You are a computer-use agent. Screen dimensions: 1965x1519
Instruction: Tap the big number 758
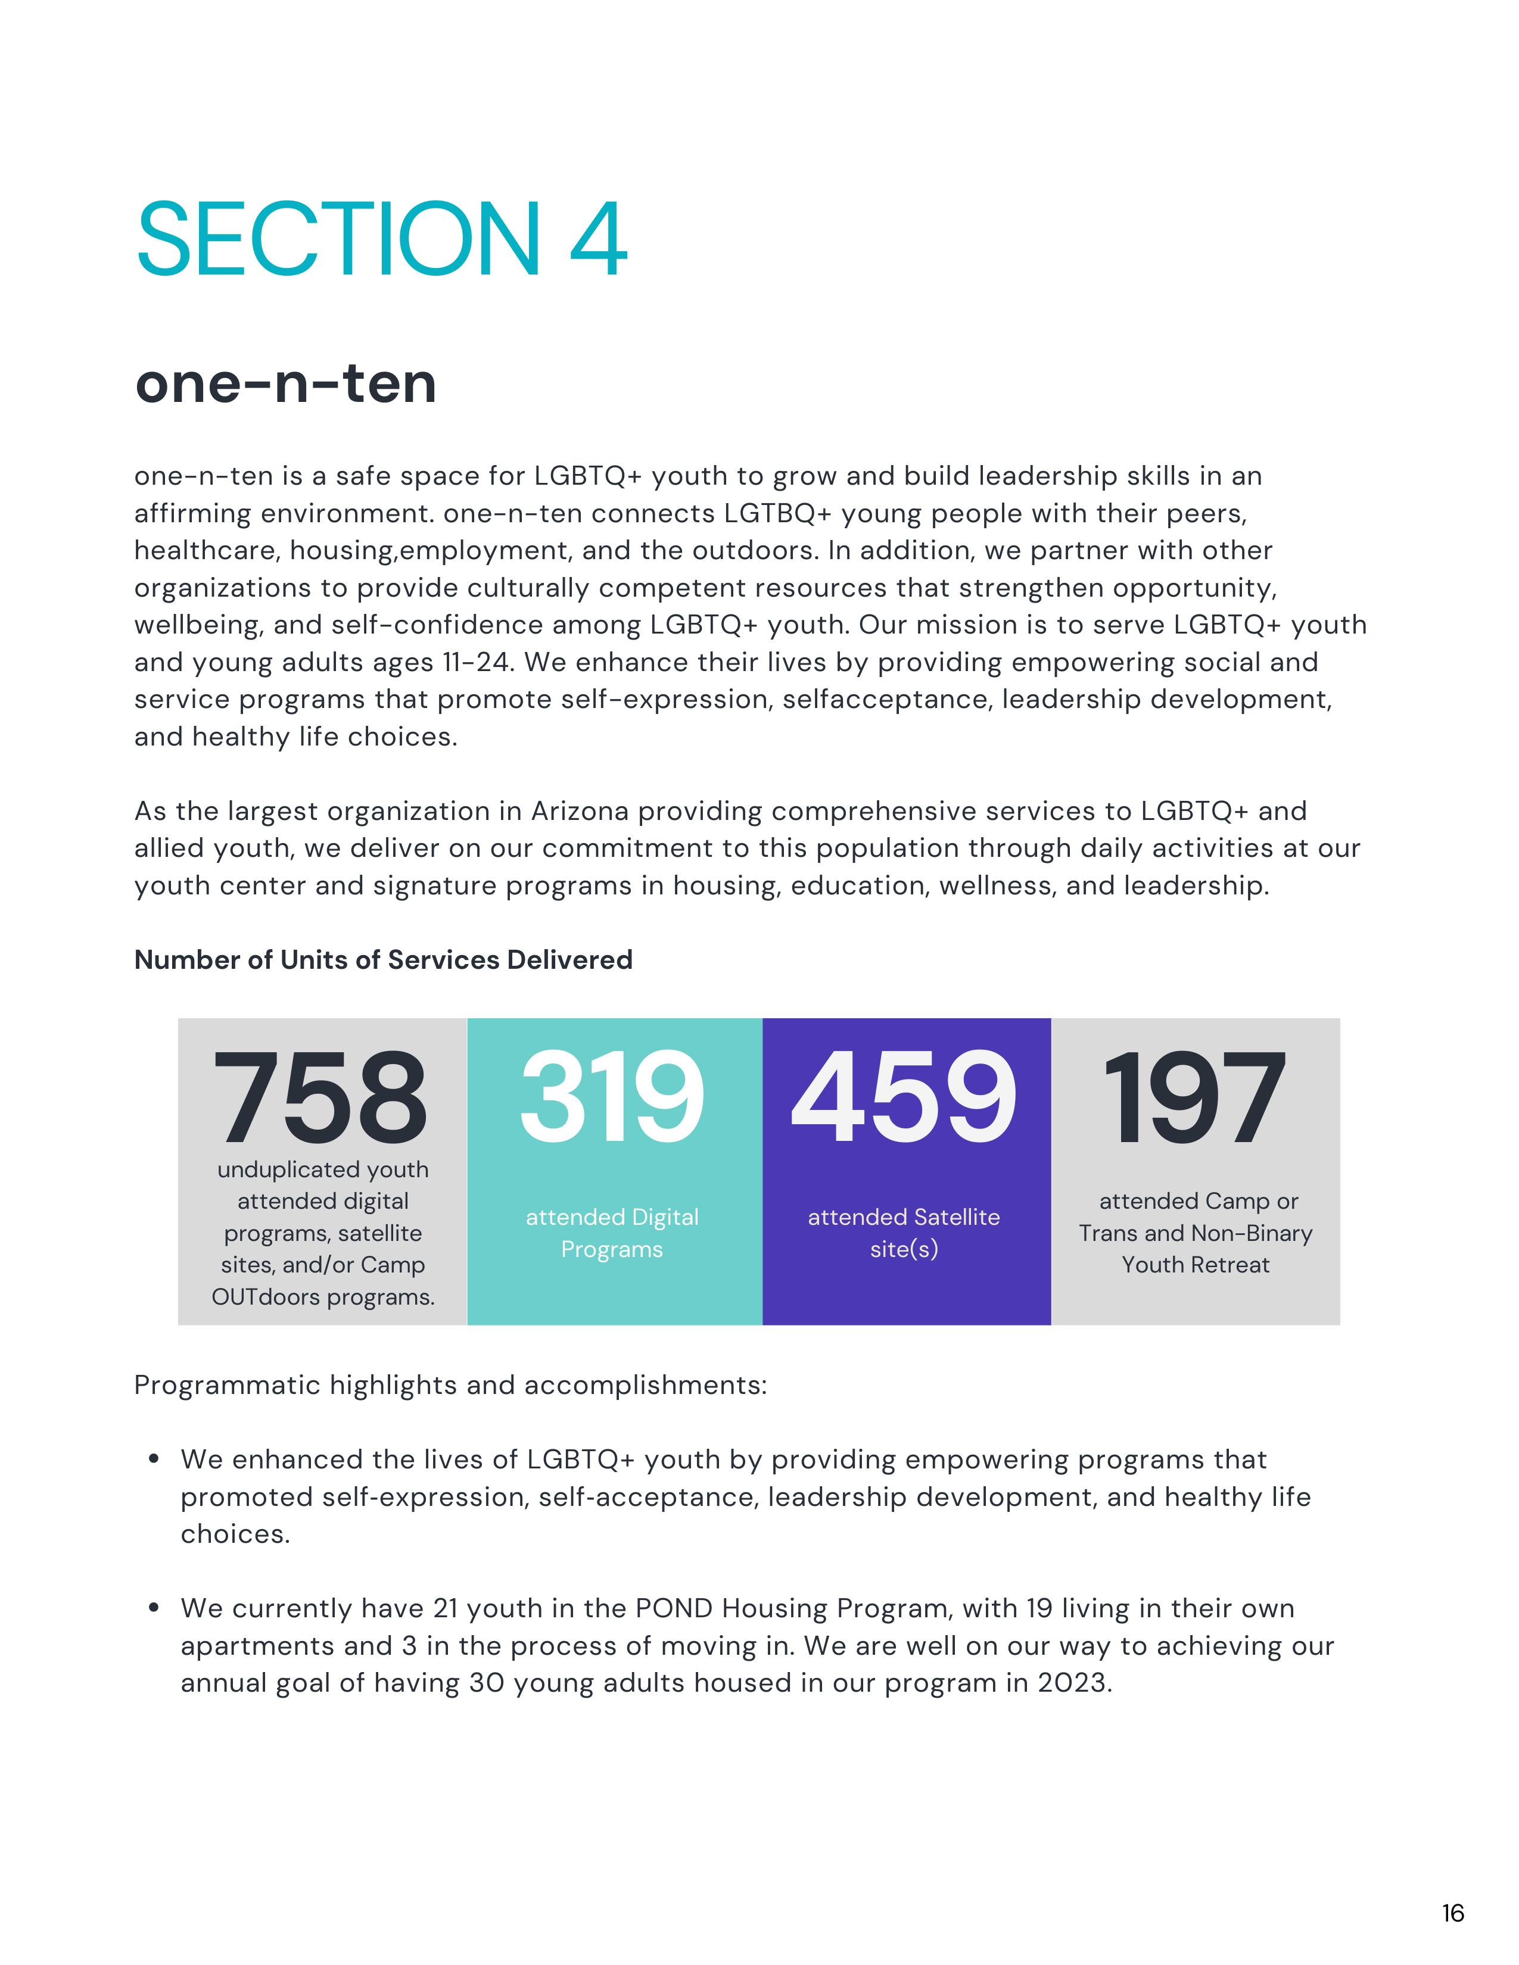click(x=320, y=1099)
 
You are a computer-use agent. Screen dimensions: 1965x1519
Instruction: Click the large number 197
click(x=1194, y=1099)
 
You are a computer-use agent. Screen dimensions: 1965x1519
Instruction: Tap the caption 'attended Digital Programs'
click(x=612, y=1233)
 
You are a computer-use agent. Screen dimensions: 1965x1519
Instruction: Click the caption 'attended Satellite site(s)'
click(x=904, y=1233)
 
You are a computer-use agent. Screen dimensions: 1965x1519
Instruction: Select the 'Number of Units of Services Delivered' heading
click(x=384, y=960)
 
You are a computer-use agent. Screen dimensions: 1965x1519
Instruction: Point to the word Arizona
click(x=580, y=812)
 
